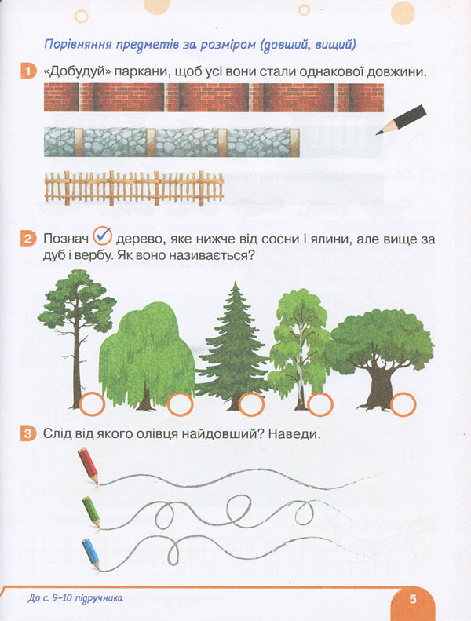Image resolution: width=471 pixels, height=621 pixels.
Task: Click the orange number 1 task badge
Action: (29, 72)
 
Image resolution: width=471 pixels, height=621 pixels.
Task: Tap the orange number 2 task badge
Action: (29, 239)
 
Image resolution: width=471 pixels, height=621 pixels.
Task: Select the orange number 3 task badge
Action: (29, 433)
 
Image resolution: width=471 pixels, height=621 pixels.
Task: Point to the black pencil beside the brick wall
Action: (401, 119)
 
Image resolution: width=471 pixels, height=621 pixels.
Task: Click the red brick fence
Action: (214, 98)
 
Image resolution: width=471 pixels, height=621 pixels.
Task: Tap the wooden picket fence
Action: (134, 188)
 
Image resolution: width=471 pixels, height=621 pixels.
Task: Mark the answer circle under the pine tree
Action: (93, 404)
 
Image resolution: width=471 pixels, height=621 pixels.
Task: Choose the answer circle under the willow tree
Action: (181, 404)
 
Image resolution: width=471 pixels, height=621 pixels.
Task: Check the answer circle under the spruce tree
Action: (251, 404)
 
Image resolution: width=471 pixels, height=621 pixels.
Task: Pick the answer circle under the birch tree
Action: (320, 404)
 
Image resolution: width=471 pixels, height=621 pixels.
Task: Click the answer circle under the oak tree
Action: (403, 404)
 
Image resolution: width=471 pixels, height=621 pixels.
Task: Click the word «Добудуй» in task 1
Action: (78, 72)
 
